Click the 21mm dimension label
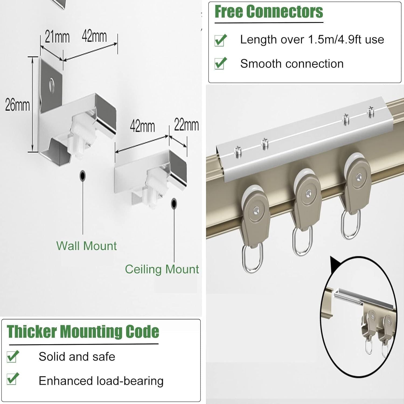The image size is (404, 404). pos(57,37)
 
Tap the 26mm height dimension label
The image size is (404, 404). pos(17,105)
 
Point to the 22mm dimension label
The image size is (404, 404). pos(186,125)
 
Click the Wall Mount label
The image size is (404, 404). pos(86,246)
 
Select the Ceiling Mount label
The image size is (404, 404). pos(162,269)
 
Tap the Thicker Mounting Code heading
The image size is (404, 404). pos(83,332)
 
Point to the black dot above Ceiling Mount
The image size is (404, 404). pos(174,203)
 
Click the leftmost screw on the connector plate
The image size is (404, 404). pos(238,151)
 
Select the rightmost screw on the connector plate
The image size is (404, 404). pos(371,111)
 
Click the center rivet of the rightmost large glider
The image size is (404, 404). pos(358,177)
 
